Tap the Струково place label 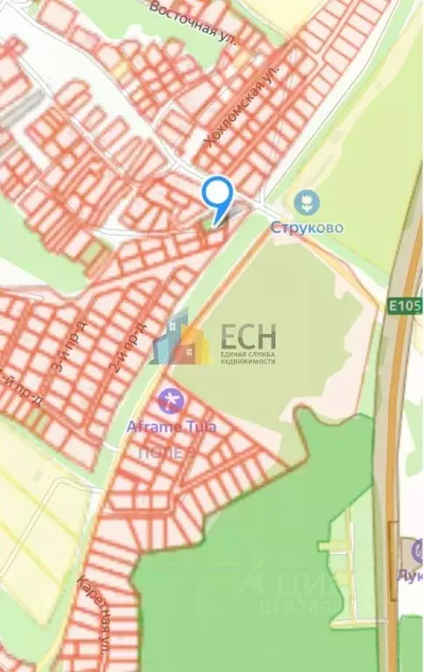click(306, 228)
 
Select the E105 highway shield click(405, 306)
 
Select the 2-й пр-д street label click(126, 347)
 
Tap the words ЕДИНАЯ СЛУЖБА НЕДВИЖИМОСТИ click(247, 358)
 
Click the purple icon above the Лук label click(417, 552)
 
